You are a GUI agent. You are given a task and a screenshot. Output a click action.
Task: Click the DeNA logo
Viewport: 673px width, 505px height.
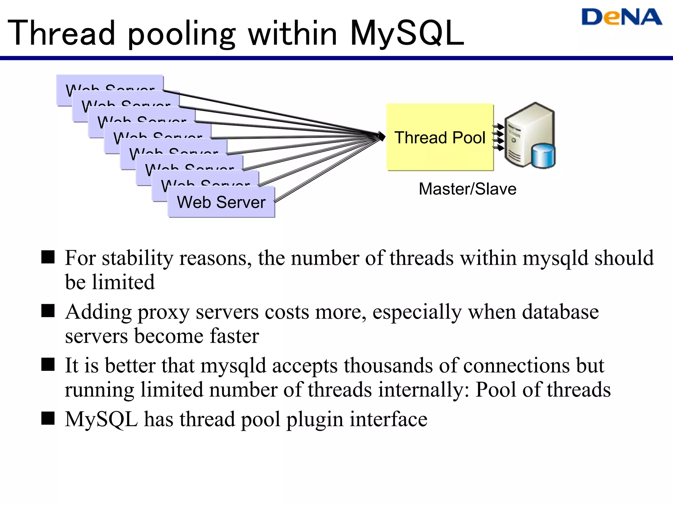pyautogui.click(x=621, y=17)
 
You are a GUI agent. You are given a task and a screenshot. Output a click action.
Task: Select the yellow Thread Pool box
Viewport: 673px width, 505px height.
pyautogui.click(x=440, y=137)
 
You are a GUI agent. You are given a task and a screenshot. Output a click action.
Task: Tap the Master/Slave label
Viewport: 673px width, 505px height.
pyautogui.click(x=467, y=189)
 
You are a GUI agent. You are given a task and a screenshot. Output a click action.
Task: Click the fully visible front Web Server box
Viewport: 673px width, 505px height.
pyautogui.click(x=221, y=202)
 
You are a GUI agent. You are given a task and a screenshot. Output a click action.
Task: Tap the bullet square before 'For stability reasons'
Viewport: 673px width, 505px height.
pyautogui.click(x=48, y=257)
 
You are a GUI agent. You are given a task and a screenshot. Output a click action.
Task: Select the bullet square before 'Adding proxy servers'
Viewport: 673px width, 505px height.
pyautogui.click(x=48, y=311)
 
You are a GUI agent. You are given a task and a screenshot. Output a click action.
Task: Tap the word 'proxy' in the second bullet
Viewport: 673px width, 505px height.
pyautogui.click(x=163, y=312)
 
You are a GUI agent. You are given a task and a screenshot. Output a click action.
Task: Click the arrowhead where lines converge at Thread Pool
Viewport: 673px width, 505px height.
pyautogui.click(x=382, y=136)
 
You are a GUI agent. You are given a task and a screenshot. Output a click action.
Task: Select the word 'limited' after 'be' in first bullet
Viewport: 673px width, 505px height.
pyautogui.click(x=123, y=282)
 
